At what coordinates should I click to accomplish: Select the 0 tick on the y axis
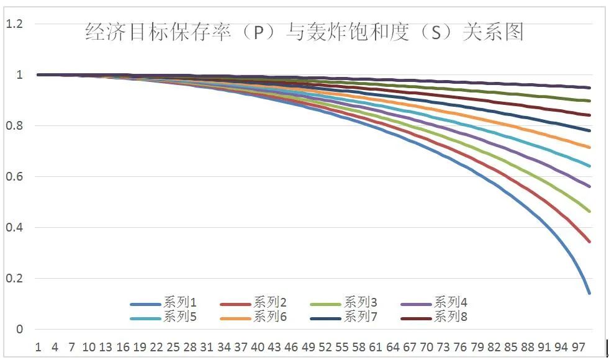pos(20,330)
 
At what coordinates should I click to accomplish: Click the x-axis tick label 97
pos(578,346)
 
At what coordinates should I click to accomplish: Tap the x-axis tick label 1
pos(38,346)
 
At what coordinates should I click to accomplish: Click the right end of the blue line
pos(589,292)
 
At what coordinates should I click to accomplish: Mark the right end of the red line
pos(589,241)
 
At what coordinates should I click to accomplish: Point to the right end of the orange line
pos(589,147)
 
